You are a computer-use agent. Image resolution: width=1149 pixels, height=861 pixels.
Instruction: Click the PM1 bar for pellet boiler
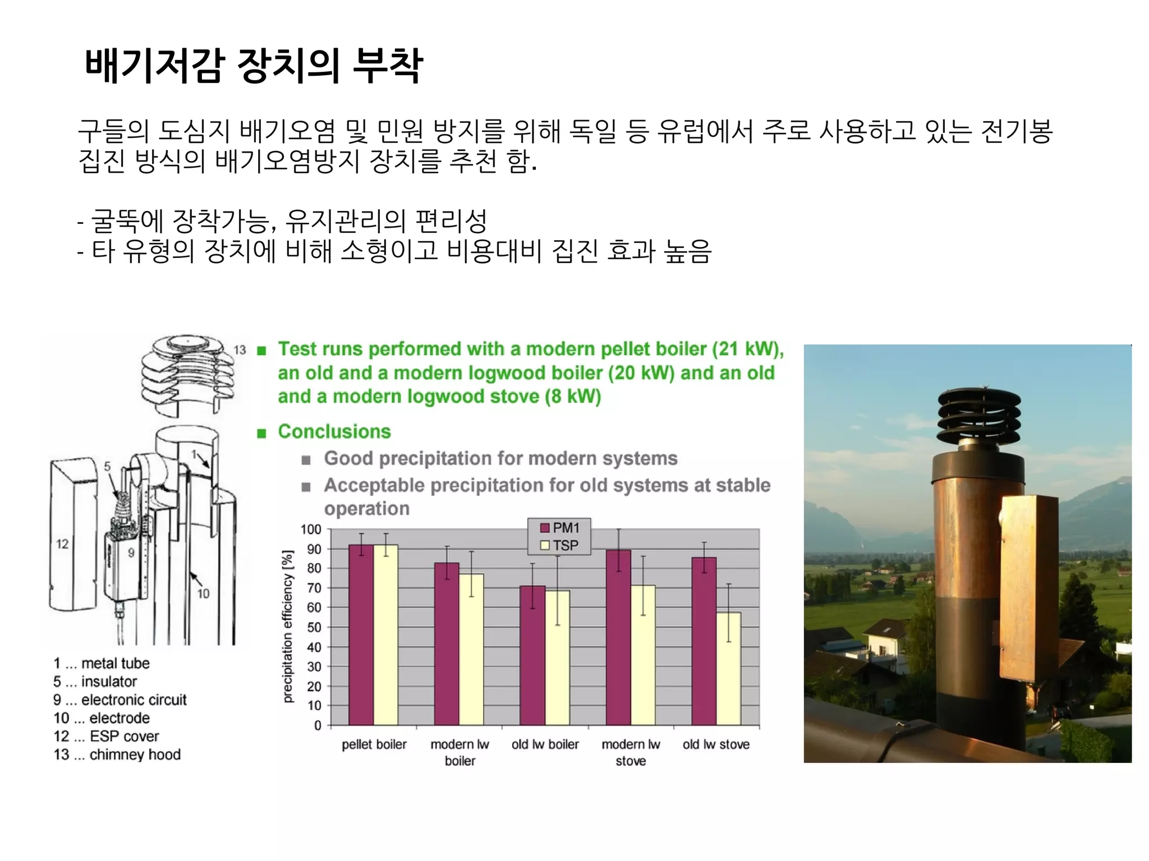point(361,634)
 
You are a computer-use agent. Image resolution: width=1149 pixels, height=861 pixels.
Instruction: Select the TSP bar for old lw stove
point(728,668)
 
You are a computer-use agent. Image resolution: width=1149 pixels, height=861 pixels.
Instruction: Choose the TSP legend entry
point(559,545)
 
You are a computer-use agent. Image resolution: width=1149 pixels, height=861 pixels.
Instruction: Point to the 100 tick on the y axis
point(311,530)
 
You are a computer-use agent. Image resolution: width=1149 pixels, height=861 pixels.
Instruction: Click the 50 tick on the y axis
point(314,627)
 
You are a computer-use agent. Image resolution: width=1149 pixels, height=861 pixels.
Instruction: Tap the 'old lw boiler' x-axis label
point(545,744)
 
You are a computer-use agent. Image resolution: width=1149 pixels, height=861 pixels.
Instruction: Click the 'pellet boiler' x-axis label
point(374,744)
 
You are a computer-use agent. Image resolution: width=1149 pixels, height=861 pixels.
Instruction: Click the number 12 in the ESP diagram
point(62,544)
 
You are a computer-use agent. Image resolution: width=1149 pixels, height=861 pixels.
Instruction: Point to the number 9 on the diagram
point(131,553)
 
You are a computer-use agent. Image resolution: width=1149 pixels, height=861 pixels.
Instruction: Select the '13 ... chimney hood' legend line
point(117,754)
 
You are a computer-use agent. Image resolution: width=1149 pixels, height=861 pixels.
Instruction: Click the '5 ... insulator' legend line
point(95,682)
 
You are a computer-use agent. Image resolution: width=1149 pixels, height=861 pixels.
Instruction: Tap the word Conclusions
point(334,431)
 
